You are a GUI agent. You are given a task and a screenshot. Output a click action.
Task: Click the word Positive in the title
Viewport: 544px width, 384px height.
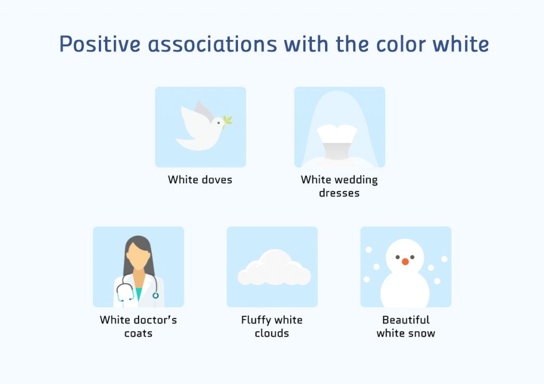(x=100, y=44)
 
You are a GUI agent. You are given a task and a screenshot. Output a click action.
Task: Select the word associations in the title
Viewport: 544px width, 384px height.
(x=212, y=44)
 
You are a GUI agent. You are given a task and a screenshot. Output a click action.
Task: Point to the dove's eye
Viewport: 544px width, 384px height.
(x=218, y=123)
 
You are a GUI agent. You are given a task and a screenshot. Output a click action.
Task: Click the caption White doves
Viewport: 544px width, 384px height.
(x=200, y=180)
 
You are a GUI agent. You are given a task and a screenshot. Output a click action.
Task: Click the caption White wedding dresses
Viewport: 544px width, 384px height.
(x=339, y=186)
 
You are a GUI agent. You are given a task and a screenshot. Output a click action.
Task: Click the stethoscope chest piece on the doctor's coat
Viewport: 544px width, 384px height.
(x=155, y=295)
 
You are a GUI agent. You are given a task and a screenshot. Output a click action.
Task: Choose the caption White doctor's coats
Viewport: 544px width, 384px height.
(x=138, y=327)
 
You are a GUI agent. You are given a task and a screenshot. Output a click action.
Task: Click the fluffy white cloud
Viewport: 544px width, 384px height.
(x=274, y=269)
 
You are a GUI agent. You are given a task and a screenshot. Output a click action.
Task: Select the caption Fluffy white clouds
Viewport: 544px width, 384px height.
(x=271, y=327)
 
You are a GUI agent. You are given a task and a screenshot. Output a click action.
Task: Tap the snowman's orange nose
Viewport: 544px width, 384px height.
(x=405, y=262)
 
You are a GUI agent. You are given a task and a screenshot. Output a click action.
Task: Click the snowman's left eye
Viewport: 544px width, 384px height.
(x=398, y=257)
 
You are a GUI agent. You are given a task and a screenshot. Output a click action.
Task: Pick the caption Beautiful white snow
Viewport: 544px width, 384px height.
(x=406, y=327)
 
